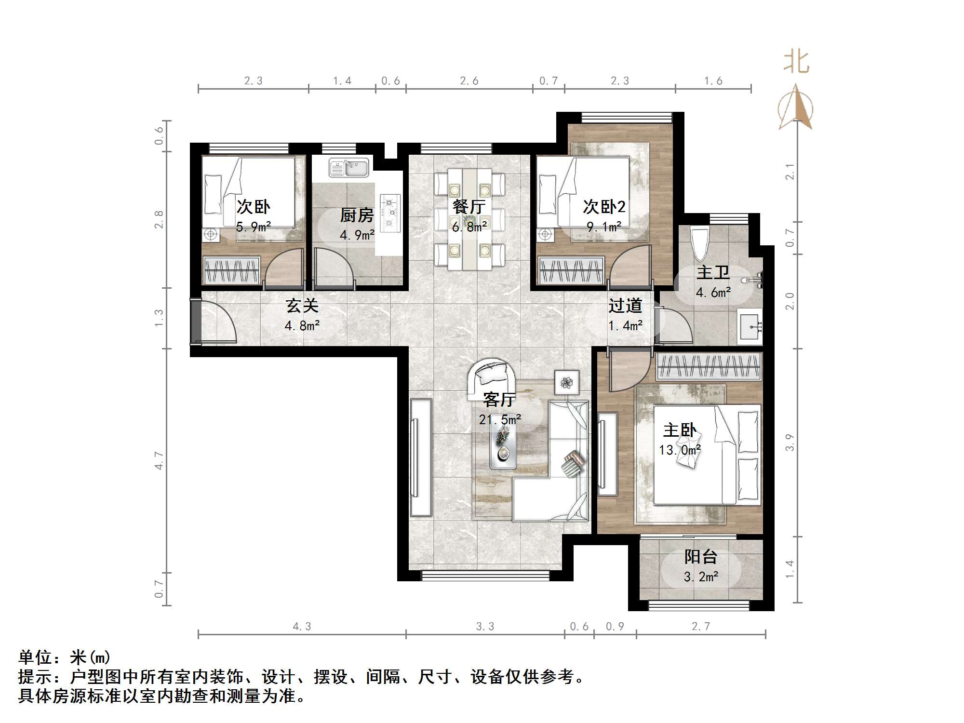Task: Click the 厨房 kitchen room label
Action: coord(357,215)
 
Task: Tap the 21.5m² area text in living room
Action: coord(500,420)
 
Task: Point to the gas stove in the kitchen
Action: coord(390,212)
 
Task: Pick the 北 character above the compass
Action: coord(796,63)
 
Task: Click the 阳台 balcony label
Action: coord(701,557)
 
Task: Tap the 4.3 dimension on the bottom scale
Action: coord(302,626)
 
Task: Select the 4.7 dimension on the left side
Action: coord(159,460)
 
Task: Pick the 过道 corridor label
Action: coord(625,306)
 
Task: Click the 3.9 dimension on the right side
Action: coord(789,442)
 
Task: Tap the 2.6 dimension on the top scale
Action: coord(469,81)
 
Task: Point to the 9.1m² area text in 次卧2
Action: coord(604,226)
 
